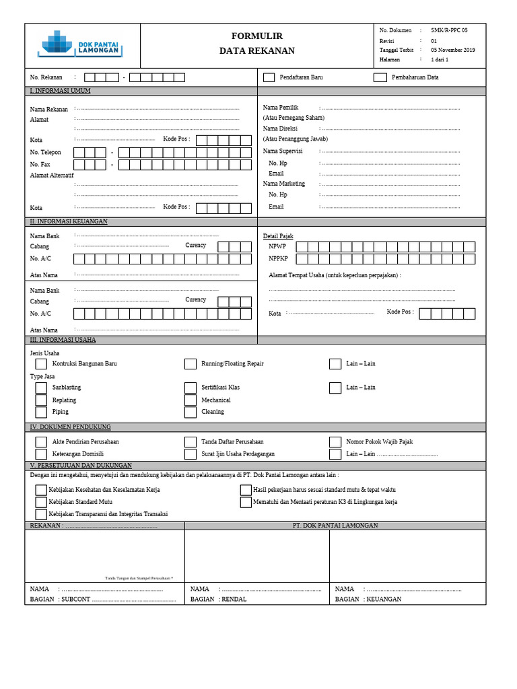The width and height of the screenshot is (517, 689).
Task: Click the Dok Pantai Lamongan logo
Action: pos(80,45)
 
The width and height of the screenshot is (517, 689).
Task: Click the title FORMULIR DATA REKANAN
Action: pos(257,43)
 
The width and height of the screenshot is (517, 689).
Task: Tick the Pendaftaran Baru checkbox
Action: pos(269,77)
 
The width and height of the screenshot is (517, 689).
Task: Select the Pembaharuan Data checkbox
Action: pos(380,77)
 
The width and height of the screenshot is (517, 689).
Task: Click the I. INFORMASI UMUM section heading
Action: pos(60,91)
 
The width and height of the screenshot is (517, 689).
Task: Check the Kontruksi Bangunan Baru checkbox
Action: pos(41,364)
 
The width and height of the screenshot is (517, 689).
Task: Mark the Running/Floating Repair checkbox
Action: pos(191,364)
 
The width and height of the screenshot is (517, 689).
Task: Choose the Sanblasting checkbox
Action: pos(41,388)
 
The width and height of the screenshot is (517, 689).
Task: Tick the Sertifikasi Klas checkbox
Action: pos(191,388)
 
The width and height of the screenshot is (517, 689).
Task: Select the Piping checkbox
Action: pos(41,412)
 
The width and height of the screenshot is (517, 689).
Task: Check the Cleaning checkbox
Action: pos(191,412)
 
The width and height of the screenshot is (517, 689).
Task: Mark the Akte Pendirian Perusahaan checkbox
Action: pos(41,442)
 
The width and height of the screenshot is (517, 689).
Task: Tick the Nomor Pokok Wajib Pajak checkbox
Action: pos(335,442)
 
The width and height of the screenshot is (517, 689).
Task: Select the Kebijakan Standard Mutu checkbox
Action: pos(41,502)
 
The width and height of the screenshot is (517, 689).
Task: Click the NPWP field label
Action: pos(277,247)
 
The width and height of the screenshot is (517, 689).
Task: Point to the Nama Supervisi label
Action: pos(283,151)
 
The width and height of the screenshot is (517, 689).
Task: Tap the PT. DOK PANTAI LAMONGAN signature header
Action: pos(335,525)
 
